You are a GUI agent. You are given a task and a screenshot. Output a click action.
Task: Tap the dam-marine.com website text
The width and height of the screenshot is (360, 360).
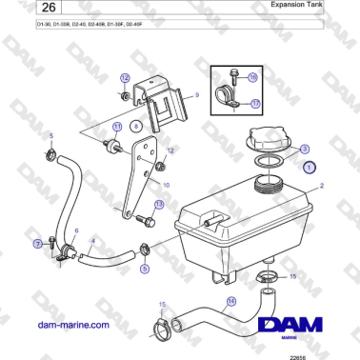click(x=58, y=325)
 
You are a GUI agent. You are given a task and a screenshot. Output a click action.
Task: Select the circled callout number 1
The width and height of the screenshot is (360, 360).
click(x=310, y=166)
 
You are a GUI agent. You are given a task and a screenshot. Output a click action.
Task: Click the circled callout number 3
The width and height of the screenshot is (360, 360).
click(x=303, y=149)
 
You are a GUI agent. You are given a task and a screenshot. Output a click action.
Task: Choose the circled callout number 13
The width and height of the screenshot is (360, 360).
click(x=158, y=204)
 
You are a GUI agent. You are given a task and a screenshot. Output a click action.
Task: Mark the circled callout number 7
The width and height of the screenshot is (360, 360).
click(x=38, y=245)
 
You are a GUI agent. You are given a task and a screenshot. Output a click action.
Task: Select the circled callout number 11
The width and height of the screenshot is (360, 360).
click(x=118, y=126)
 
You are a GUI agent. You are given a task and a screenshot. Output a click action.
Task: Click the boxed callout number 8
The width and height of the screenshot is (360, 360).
click(x=136, y=126)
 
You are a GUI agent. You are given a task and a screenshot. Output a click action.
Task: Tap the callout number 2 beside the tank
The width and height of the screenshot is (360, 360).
click(x=322, y=188)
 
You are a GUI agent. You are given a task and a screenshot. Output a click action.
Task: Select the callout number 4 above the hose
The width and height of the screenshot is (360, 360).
click(x=91, y=240)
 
